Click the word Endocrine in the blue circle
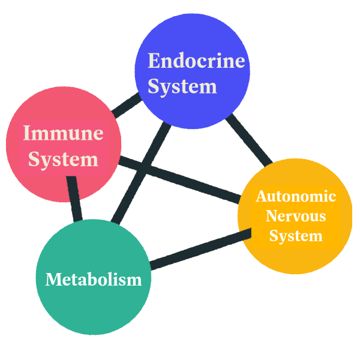point(196,61)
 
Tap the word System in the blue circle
point(182,87)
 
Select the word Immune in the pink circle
point(64,133)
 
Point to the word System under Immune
point(64,160)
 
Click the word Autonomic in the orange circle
point(296,197)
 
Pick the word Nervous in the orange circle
point(296,216)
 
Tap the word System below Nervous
point(296,236)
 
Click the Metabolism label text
point(94,280)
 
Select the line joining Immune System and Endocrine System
point(127,106)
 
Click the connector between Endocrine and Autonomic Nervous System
point(249,140)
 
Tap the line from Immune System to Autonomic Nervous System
point(179,180)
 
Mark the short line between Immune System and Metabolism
point(74,199)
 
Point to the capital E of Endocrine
point(154,61)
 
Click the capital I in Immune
point(28,133)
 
